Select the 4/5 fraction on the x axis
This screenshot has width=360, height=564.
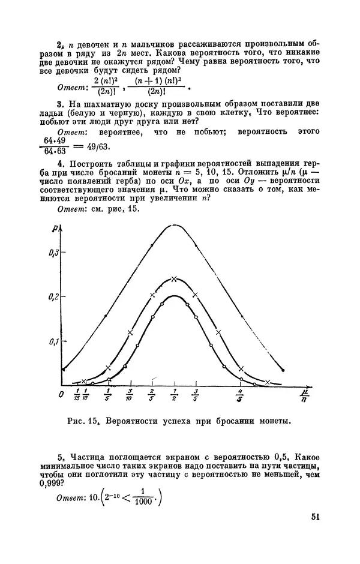click(240, 396)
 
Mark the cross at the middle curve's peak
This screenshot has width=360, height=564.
click(174, 279)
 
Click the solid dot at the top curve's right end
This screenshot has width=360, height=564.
click(283, 370)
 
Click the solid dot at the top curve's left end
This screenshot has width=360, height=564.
click(62, 369)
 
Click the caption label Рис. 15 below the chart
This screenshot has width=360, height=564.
click(84, 421)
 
